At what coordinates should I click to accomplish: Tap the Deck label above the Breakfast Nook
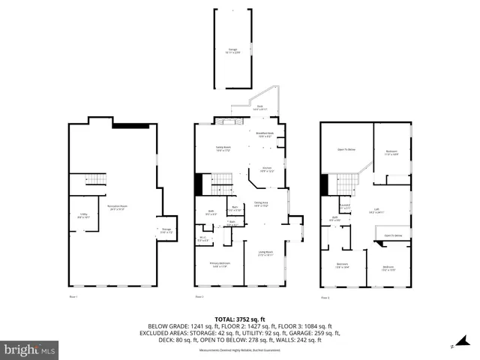(x=259, y=108)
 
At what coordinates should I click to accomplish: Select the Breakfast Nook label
(x=265, y=135)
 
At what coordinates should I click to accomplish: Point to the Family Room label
(x=223, y=149)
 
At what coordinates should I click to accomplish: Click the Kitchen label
(x=266, y=169)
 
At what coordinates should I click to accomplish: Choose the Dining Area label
(x=261, y=204)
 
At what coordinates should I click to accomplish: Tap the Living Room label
(x=265, y=253)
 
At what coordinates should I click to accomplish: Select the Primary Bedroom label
(x=220, y=264)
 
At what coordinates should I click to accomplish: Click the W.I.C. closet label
(x=202, y=239)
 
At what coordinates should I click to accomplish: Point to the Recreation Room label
(x=116, y=208)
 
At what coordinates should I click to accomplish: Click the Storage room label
(x=166, y=232)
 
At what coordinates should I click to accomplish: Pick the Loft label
(x=377, y=211)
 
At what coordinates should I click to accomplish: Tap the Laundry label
(x=346, y=206)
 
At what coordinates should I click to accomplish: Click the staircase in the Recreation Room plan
(x=89, y=182)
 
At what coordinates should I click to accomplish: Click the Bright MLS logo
(x=30, y=349)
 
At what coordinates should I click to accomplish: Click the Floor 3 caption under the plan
(x=325, y=298)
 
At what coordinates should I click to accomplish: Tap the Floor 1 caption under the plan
(x=73, y=298)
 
